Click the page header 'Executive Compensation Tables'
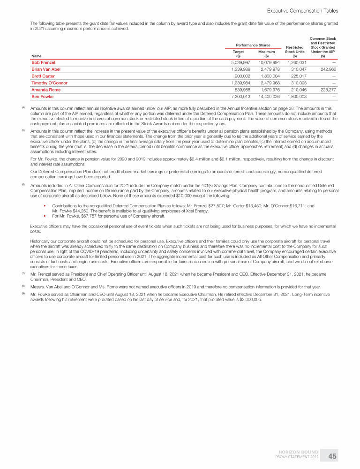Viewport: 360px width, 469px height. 302,10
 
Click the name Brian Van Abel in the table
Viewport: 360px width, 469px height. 46,69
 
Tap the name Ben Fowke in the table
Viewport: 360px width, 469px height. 42,97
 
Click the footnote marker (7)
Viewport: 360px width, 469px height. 24,272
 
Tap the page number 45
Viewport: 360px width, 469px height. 332,456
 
